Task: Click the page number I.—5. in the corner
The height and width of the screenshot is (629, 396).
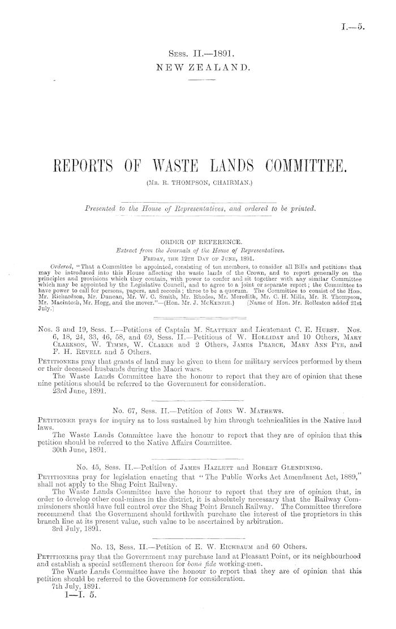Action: (370, 25)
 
